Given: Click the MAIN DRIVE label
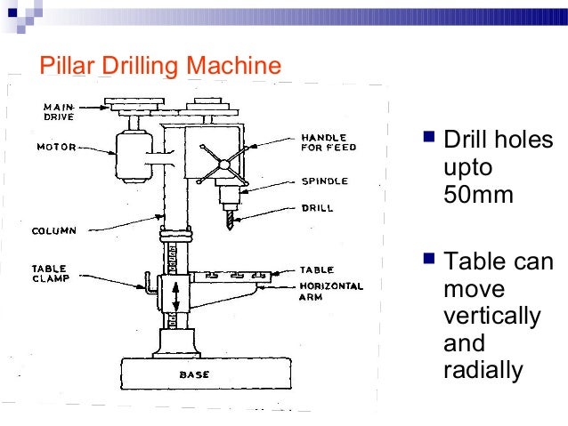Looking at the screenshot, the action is point(59,112).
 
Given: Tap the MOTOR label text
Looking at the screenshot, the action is point(56,147).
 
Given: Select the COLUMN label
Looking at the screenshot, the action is point(54,230).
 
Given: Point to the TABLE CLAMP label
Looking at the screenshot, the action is point(51,274).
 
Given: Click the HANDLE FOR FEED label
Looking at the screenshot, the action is point(329,142).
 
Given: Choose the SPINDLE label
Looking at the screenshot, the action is point(325,181).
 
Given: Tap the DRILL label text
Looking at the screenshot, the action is point(317,208).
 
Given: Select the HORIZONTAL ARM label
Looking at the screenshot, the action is point(331,292).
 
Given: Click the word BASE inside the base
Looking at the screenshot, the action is point(194,374).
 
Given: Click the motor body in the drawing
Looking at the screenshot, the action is point(134,157).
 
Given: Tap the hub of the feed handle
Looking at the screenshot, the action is point(224,165).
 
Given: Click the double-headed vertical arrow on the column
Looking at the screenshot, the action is point(175,297).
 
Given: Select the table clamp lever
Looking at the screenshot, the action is point(149,284).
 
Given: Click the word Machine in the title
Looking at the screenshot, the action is point(233,65).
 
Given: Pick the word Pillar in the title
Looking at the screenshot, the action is point(68,65).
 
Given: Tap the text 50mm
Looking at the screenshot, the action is point(478,195).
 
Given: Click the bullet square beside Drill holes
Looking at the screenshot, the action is point(428,137).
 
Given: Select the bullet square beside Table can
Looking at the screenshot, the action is point(428,259).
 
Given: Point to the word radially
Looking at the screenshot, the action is point(483,370).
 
